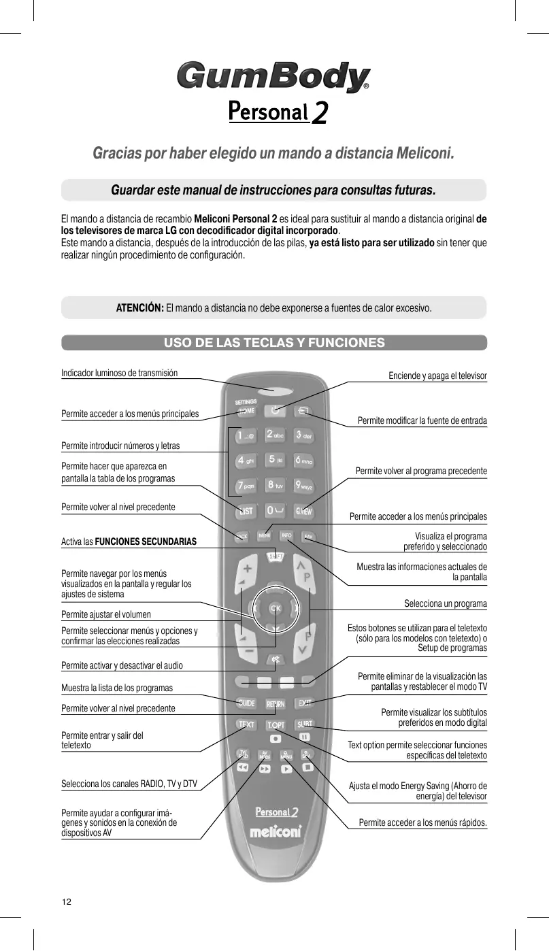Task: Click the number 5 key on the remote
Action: (274, 460)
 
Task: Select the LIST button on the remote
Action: (246, 511)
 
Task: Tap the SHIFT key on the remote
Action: (275, 557)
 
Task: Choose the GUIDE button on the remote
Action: (246, 703)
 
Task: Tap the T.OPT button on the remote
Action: (275, 724)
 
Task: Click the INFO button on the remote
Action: (286, 535)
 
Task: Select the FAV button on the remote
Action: (307, 536)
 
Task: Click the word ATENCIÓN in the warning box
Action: (139, 307)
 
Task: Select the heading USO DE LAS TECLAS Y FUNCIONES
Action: (274, 342)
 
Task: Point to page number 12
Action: (66, 902)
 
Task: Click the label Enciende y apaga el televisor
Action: (437, 376)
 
